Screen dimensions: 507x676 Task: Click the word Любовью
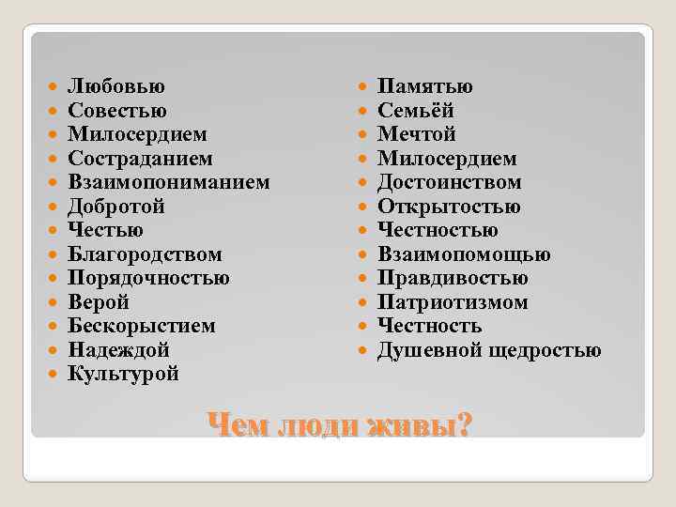tap(116, 87)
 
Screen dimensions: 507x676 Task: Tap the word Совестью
tap(118, 111)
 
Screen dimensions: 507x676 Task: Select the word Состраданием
tap(140, 159)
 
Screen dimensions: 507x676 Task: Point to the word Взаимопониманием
tap(169, 182)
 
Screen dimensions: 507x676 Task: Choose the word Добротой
tap(116, 207)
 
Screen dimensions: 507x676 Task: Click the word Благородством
tap(146, 254)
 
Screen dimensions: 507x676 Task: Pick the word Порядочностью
tap(148, 278)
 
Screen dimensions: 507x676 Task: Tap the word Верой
tap(99, 302)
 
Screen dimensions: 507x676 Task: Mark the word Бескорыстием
tap(142, 326)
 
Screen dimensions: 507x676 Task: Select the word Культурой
tap(123, 374)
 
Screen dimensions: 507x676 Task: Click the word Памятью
tap(425, 87)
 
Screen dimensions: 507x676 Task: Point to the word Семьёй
tap(416, 111)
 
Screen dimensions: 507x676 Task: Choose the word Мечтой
tap(416, 134)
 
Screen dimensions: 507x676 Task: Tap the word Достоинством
tap(450, 182)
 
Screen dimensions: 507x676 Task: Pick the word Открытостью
tap(449, 207)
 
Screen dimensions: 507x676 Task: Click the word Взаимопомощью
tap(464, 254)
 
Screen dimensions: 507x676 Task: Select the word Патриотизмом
tap(453, 302)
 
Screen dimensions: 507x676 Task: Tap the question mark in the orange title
tap(460, 424)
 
